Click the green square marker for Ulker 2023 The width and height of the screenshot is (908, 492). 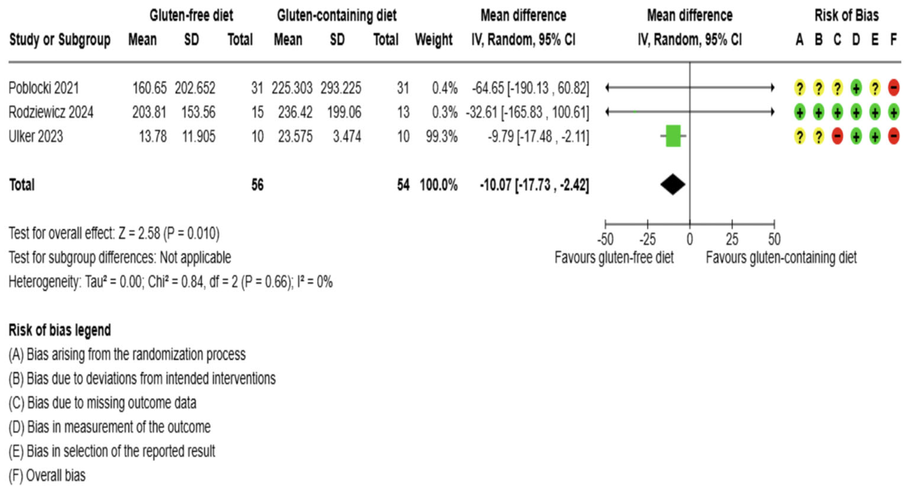(x=673, y=136)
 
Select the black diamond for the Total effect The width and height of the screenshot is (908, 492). (x=673, y=185)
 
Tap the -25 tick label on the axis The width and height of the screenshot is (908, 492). (x=647, y=240)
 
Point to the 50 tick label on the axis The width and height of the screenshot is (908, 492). (x=774, y=240)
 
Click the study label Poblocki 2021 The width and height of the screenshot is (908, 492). (x=44, y=88)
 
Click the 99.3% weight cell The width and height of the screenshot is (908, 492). (x=441, y=136)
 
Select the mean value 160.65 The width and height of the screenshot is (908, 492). (x=150, y=88)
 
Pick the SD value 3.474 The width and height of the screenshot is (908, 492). (x=347, y=136)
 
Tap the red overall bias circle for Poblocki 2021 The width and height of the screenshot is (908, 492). (x=893, y=88)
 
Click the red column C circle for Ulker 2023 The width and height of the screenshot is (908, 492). (x=837, y=136)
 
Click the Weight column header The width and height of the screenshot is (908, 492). (x=434, y=39)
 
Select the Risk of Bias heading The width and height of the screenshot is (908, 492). (x=846, y=15)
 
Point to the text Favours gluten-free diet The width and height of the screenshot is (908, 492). (x=614, y=258)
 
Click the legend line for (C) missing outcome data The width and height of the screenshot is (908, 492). (x=102, y=403)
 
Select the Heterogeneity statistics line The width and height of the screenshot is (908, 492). (x=170, y=282)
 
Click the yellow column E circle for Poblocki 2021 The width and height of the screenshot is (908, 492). (x=875, y=88)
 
